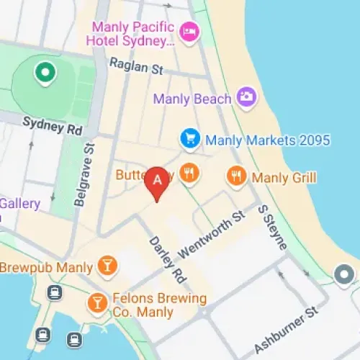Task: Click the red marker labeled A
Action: (x=157, y=181)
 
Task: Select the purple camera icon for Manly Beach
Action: (x=247, y=97)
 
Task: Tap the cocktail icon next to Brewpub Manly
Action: (x=107, y=266)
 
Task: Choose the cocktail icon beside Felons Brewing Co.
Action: (x=96, y=302)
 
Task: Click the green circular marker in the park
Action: (x=46, y=72)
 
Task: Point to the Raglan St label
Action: (x=136, y=67)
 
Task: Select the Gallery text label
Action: (x=19, y=203)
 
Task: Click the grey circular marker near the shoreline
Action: (x=344, y=274)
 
